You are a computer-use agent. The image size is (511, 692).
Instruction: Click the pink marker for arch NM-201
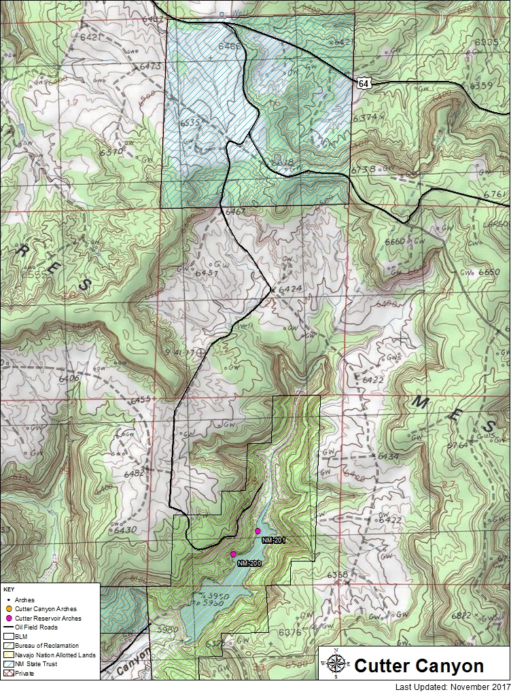coord(258,530)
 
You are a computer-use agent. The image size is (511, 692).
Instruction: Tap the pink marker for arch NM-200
coord(233,554)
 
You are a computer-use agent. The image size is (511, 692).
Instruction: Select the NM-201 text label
coord(273,540)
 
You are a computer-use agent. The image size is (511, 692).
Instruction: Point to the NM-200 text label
coord(249,564)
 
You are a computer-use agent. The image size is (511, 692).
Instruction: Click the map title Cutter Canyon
coord(419,665)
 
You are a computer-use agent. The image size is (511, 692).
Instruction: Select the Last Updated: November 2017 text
coord(451,686)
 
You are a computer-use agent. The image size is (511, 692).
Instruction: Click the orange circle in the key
coord(8,609)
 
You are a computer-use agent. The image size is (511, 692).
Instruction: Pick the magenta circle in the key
coord(8,619)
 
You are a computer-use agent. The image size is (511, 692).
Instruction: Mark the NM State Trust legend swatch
coord(8,663)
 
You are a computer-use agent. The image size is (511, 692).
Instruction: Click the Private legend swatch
coord(8,672)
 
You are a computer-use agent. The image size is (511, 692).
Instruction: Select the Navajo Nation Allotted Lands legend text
coord(55,655)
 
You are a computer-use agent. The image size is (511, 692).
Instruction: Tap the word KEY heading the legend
coord(8,589)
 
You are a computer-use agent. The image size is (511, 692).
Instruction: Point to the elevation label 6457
coord(206,273)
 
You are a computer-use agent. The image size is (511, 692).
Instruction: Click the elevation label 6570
coord(111,151)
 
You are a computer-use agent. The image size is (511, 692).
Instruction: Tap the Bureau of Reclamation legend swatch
coord(8,646)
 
